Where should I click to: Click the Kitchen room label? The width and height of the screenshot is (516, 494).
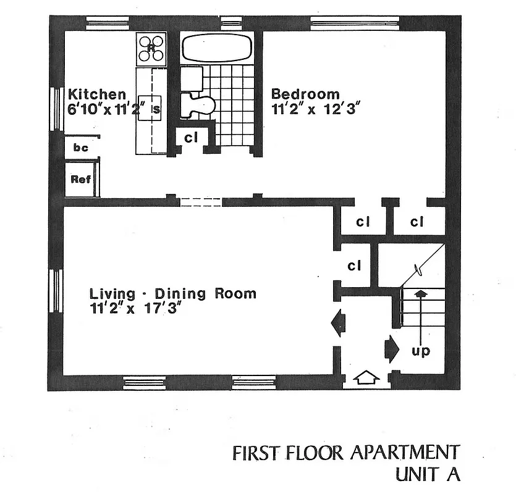pos(96,94)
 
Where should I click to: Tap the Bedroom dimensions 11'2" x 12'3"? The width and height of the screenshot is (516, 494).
pos(315,109)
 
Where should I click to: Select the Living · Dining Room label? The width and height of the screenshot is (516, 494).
pos(172,293)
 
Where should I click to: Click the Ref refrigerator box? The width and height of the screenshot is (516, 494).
pos(81,180)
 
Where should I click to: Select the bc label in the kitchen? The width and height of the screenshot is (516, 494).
pos(81,148)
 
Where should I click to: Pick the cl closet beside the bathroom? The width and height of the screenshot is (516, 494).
pos(191,138)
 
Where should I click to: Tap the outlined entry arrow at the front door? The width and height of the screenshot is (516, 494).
pos(367,376)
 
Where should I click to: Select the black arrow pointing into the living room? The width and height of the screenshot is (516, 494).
pos(338,323)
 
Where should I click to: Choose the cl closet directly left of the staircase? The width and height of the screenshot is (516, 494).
pos(354,266)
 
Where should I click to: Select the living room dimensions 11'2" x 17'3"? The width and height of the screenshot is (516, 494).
pos(138,308)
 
